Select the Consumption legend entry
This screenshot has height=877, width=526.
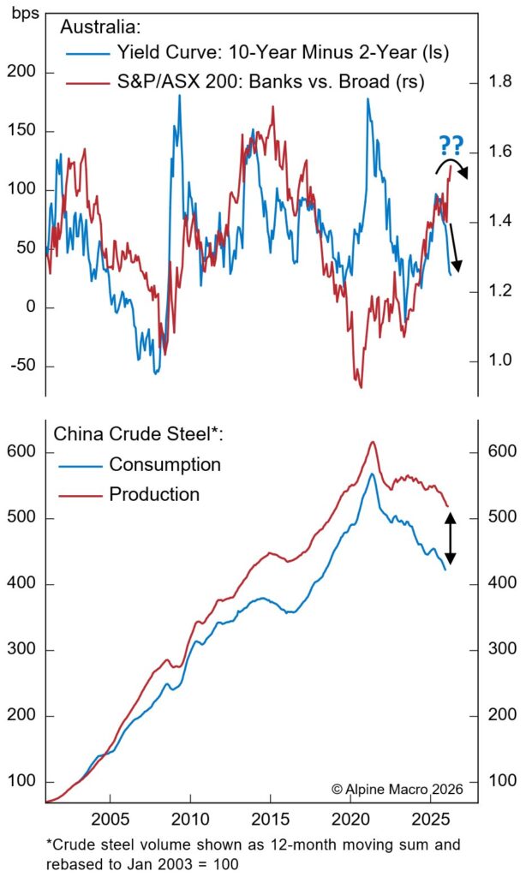coord(164,464)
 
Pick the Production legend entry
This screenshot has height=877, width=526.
coord(154,494)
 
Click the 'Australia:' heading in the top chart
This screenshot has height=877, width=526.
coord(95,27)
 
